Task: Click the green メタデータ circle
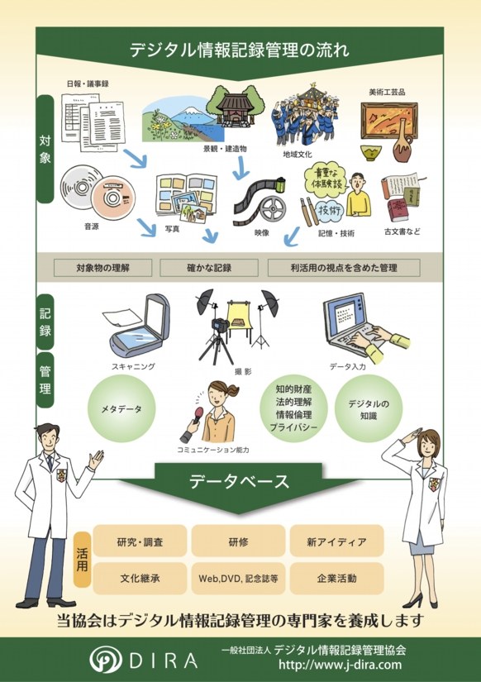(121, 409)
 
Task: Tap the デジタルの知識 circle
(369, 409)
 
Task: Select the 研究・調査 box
(140, 541)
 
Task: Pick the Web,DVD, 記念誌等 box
(238, 579)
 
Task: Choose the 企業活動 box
(336, 579)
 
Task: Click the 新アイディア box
(336, 541)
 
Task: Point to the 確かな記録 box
(209, 268)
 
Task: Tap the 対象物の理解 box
(103, 268)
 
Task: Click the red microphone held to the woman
(198, 413)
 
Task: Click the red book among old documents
(399, 209)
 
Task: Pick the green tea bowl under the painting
(371, 153)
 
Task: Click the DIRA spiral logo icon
(105, 660)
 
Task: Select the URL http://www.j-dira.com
(341, 665)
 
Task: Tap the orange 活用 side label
(82, 560)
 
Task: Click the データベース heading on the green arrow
(239, 481)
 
